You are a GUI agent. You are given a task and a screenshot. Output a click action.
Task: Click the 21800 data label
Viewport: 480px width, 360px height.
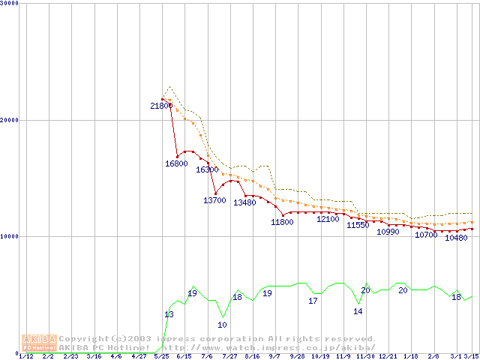(160, 106)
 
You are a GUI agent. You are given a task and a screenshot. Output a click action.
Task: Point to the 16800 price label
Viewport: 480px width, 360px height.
(176, 163)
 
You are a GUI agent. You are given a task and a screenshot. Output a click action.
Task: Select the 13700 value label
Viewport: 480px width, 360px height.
(214, 200)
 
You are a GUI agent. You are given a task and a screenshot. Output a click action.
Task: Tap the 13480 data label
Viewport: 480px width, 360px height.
(244, 202)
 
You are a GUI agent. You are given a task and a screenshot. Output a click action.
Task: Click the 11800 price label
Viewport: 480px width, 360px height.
(282, 222)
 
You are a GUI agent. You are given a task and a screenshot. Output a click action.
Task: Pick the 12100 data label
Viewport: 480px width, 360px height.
(328, 219)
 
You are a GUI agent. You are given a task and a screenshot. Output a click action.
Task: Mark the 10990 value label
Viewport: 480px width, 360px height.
(388, 232)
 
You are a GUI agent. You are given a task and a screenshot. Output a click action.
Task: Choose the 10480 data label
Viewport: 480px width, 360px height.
(456, 238)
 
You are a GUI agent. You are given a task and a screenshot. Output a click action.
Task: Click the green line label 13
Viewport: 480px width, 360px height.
(169, 314)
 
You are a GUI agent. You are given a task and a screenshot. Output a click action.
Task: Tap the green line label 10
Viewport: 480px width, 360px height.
(222, 325)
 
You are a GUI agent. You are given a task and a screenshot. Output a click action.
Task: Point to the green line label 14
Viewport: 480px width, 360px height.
(358, 311)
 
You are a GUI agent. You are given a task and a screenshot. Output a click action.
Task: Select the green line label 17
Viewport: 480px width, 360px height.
(313, 301)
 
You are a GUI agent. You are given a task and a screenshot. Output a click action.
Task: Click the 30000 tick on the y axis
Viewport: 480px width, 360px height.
(10, 3)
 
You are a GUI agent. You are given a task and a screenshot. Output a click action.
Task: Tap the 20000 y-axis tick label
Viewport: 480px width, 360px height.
(10, 120)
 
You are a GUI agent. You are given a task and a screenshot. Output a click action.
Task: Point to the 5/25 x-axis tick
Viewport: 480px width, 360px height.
(161, 356)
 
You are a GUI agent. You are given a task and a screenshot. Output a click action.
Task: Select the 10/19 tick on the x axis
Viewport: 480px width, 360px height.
(320, 356)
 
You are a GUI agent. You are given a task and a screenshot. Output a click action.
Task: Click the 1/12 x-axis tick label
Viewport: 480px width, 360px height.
(25, 356)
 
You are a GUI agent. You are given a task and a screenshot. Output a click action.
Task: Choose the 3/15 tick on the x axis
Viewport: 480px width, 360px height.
(472, 356)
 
